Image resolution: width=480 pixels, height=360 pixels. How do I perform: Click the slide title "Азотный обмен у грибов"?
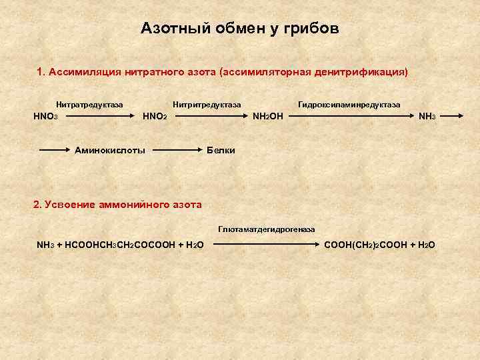click(240, 29)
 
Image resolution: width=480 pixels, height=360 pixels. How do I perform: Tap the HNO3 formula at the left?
click(46, 117)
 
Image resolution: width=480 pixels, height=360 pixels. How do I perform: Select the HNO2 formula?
click(155, 117)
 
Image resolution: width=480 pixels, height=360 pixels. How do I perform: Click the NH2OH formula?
click(267, 117)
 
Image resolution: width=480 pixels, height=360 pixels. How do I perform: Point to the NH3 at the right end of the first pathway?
click(427, 117)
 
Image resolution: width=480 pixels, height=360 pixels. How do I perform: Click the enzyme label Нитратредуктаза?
click(89, 105)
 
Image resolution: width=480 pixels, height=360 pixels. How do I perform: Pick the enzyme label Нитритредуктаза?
click(207, 105)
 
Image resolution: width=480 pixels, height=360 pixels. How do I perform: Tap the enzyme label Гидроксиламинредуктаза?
click(349, 105)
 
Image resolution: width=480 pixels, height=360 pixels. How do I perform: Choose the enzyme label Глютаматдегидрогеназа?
click(267, 229)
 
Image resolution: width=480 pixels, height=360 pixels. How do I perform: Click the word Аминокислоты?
click(110, 151)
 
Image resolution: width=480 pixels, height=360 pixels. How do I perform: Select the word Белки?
click(221, 151)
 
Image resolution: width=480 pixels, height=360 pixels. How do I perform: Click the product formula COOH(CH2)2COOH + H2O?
click(379, 245)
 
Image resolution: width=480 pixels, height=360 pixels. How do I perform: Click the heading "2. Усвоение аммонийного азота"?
click(117, 205)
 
